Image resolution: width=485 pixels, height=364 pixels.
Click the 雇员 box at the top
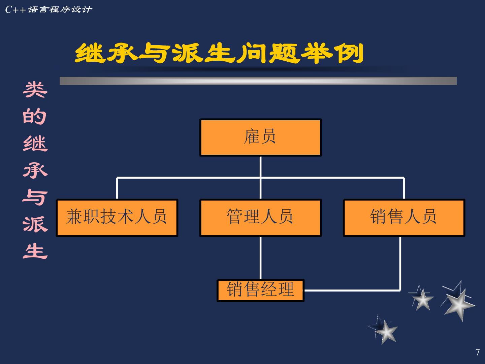coord(260,137)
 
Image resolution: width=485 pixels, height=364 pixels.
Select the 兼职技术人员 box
coord(117,217)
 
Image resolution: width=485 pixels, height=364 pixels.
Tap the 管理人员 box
coord(260,217)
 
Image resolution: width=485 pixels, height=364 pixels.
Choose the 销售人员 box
coord(404,217)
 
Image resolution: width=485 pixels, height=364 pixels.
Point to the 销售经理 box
coord(260,290)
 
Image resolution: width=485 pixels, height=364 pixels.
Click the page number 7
coord(477,352)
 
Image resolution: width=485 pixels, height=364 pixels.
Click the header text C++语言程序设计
coord(48,9)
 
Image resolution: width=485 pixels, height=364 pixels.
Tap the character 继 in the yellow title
coord(90,53)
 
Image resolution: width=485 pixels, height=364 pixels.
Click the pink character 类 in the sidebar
coord(35,90)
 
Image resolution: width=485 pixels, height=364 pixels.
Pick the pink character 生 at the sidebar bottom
coord(35,251)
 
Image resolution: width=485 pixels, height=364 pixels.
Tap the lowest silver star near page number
coord(386,331)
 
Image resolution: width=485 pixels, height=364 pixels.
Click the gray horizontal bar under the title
coord(258,81)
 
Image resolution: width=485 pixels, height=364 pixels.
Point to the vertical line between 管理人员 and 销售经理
coord(260,258)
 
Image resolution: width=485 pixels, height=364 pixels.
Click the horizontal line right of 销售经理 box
coord(352,290)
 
